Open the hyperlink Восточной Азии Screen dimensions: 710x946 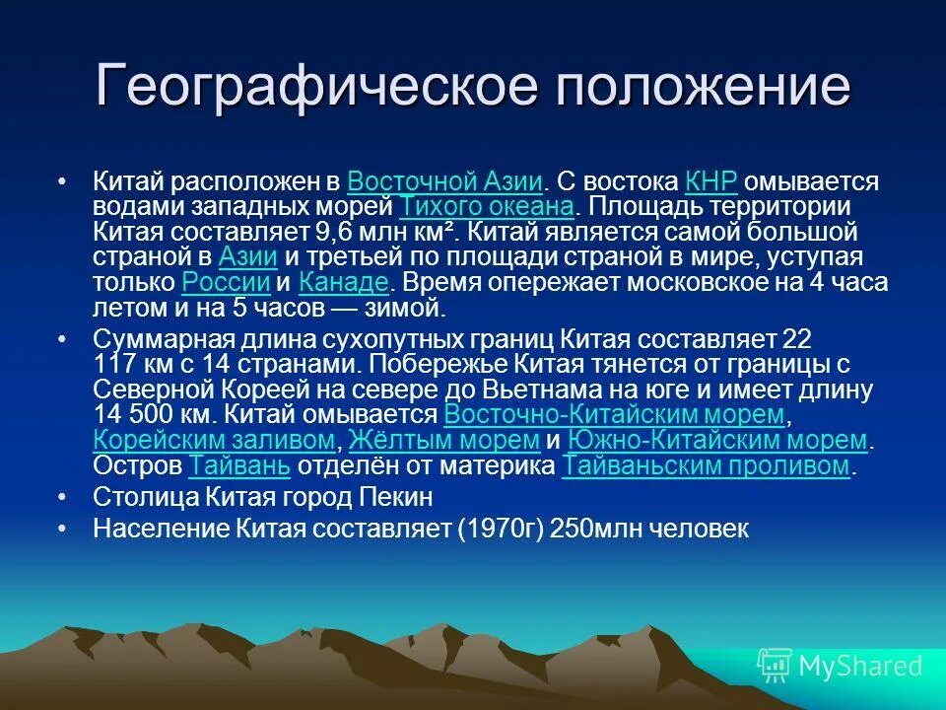[x=445, y=182]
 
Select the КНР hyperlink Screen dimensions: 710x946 [x=710, y=182]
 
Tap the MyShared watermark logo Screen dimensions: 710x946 [x=840, y=666]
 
